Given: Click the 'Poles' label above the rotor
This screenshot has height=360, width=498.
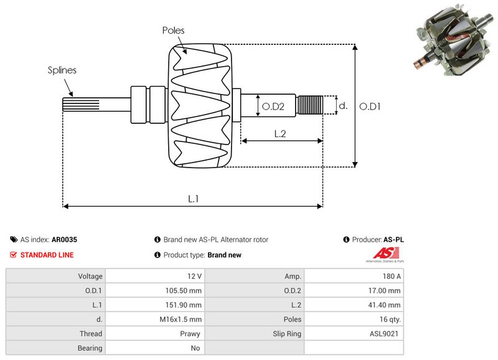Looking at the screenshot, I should coord(173,30).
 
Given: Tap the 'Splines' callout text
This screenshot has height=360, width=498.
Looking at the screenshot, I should coord(62,70).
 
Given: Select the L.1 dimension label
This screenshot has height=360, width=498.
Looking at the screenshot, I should coord(193,199).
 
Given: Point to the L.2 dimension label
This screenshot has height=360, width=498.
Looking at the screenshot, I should coord(280,133).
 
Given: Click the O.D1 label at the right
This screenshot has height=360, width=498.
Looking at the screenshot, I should coord(370,107).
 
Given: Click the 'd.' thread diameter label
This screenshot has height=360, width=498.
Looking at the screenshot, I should coord(342,106).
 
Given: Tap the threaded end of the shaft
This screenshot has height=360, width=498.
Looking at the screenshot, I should coord(310,105).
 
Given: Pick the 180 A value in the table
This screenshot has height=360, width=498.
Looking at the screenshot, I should coord(391,276).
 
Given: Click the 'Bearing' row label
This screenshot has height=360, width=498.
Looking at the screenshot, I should coord(91,348).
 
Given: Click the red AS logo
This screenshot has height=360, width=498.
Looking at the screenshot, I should coord(380,253).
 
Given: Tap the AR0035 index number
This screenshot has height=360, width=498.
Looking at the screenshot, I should coord(64,239).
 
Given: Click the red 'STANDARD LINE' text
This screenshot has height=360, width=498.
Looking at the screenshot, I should coord(47,255).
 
